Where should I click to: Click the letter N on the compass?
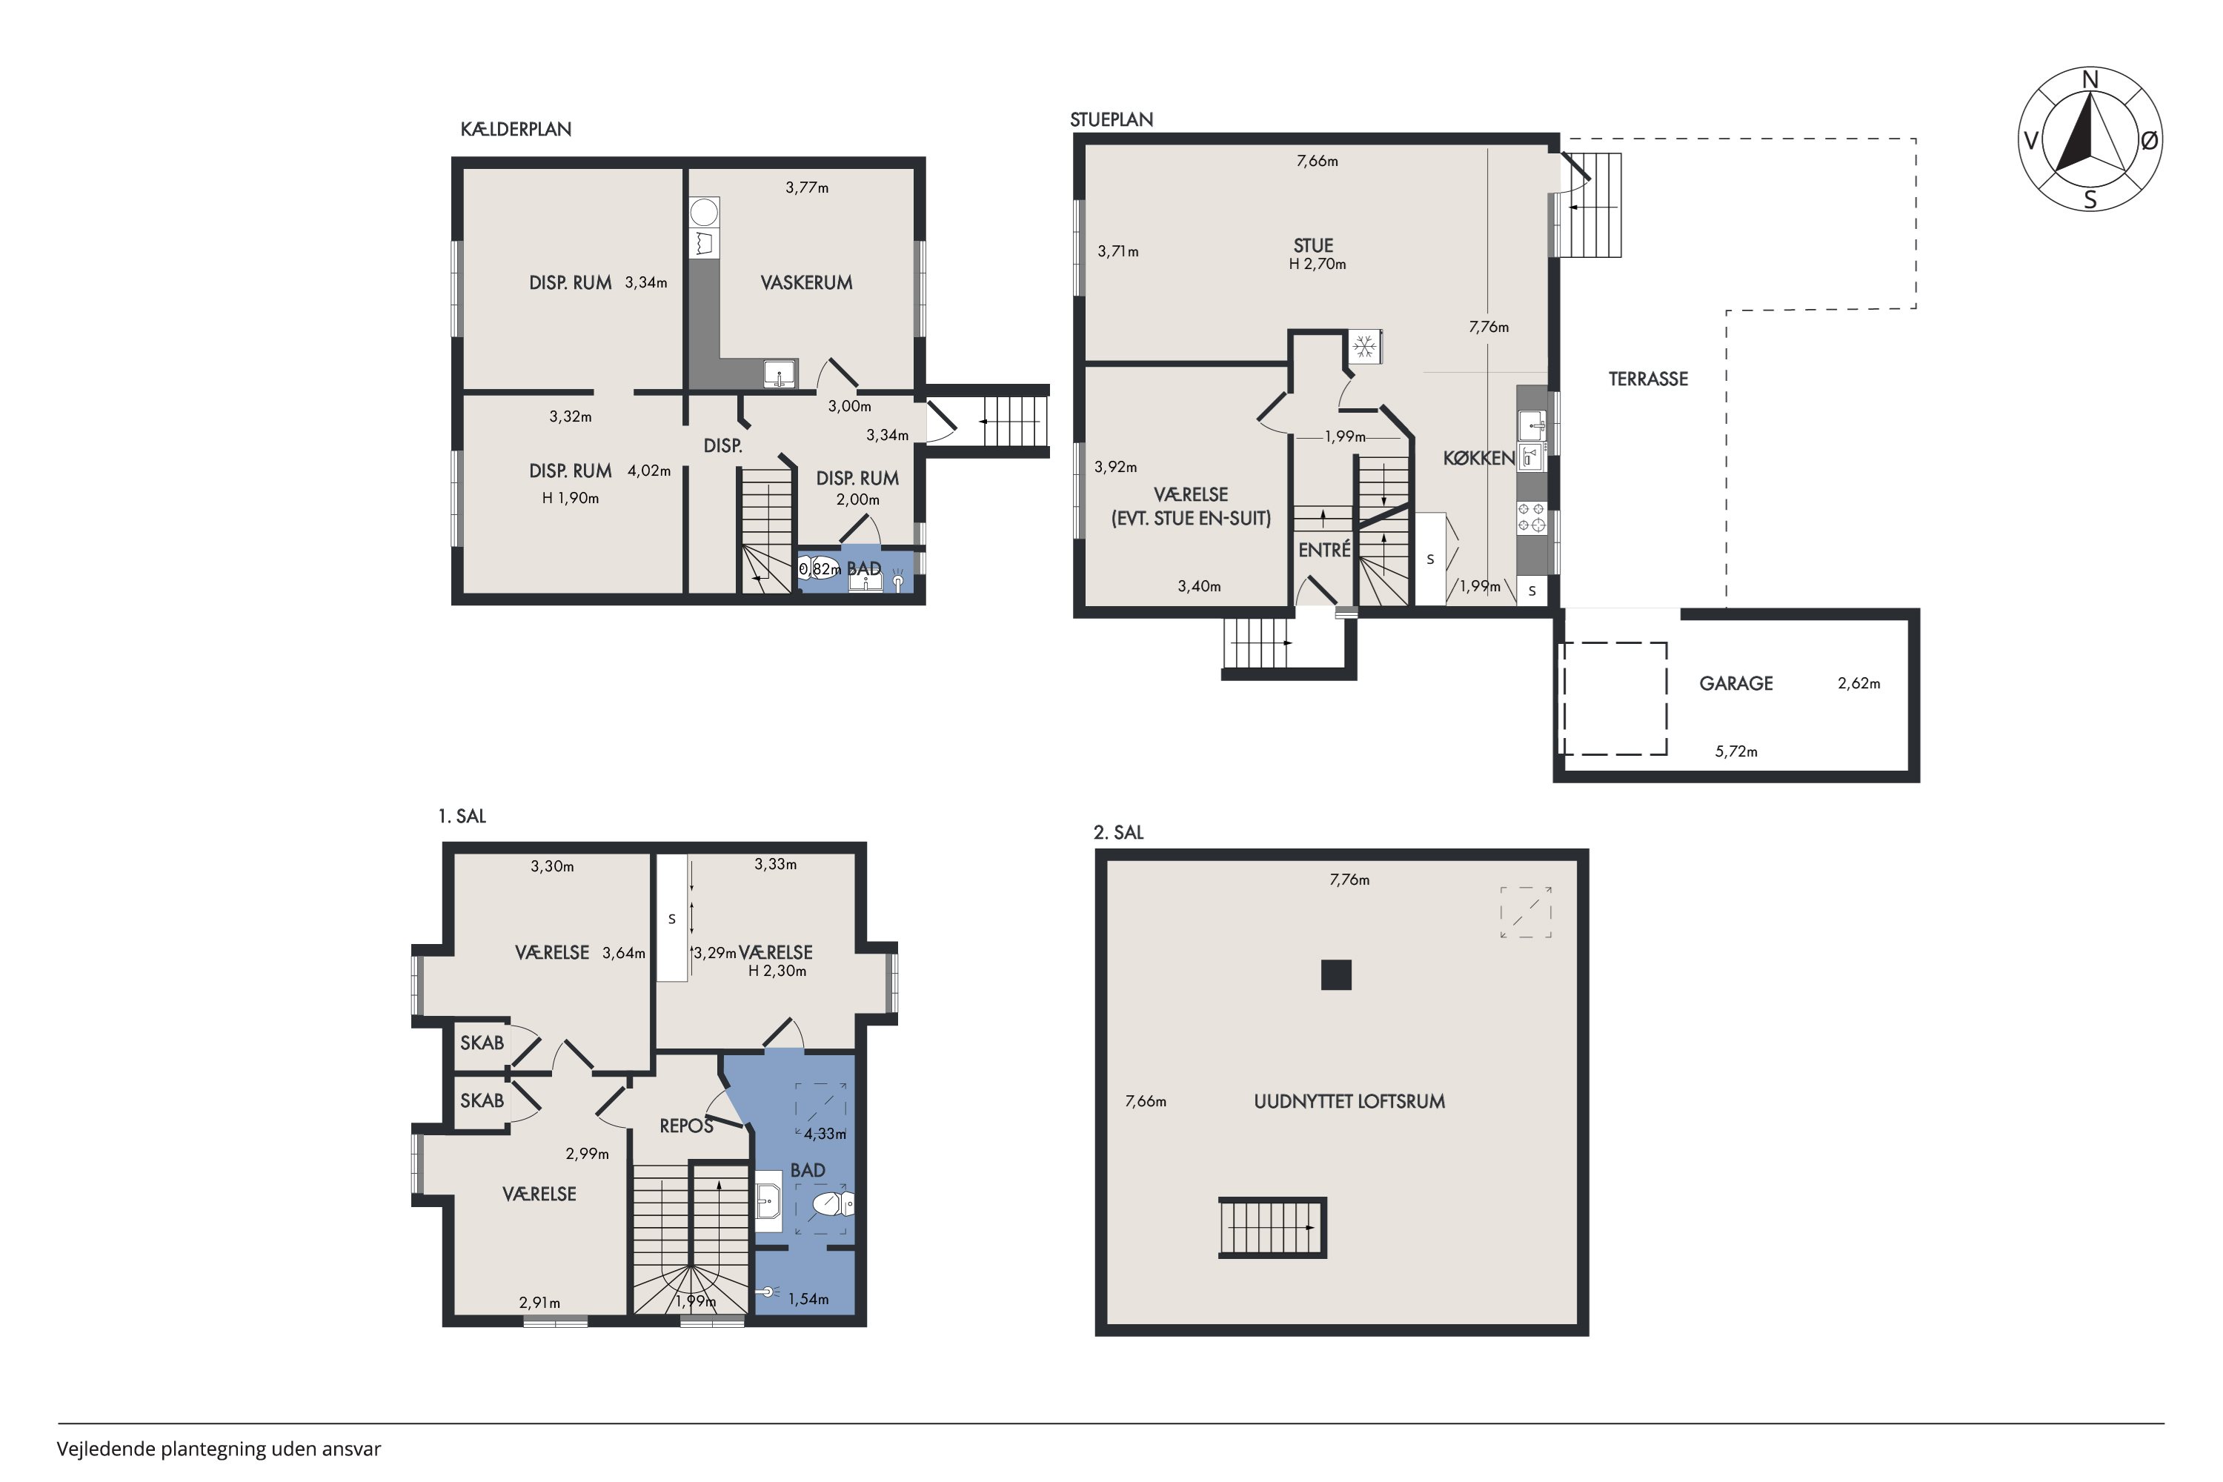2090,80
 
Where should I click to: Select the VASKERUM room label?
806,282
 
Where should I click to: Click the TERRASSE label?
1647,379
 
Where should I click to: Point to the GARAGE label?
1735,683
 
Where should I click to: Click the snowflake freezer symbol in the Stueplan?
1364,347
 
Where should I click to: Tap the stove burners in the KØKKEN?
1531,517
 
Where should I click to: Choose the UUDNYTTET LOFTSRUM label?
1349,1101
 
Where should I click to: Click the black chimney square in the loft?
1335,974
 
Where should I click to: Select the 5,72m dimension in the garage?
1736,752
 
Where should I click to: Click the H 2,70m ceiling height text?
1317,265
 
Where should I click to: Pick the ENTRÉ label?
1324,550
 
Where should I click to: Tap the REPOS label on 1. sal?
686,1126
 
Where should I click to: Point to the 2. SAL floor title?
1118,833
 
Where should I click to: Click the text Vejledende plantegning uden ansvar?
219,1449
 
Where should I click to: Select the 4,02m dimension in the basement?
648,471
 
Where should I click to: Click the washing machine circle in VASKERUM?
703,210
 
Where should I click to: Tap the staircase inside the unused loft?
1272,1228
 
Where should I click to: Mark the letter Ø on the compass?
2148,141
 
